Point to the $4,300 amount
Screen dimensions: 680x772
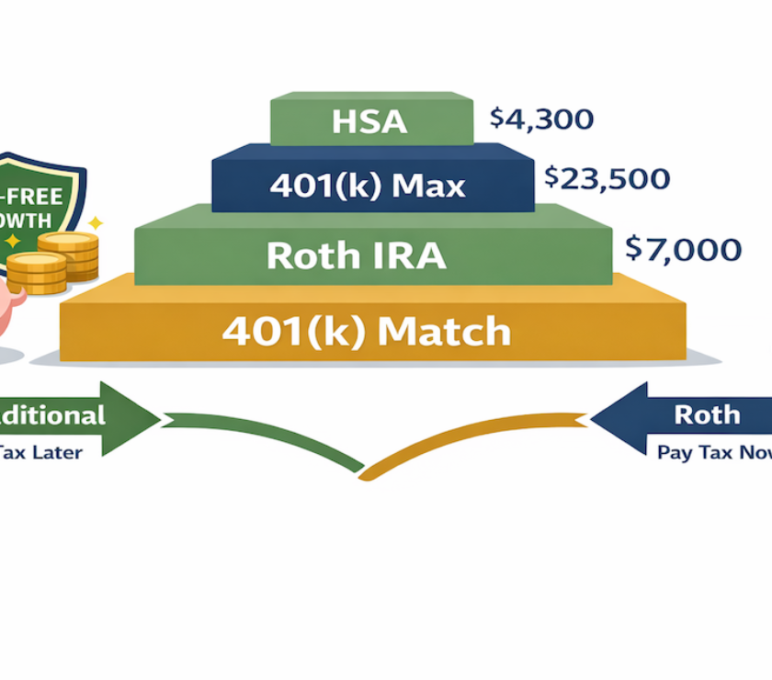(541, 119)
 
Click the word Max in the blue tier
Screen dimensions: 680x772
(427, 187)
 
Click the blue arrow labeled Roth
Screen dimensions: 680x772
(685, 416)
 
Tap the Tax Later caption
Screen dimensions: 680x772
(40, 452)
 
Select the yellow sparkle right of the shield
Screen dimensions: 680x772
(95, 223)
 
